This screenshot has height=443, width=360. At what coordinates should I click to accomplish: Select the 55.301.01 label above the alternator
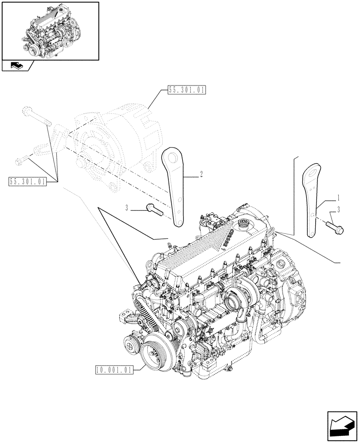[x=187, y=90]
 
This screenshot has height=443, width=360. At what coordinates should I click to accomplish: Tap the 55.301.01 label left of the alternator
[x=27, y=181]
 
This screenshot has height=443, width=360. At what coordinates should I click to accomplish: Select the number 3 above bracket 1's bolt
[x=339, y=209]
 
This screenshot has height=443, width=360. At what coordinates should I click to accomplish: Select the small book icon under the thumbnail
[x=16, y=66]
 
